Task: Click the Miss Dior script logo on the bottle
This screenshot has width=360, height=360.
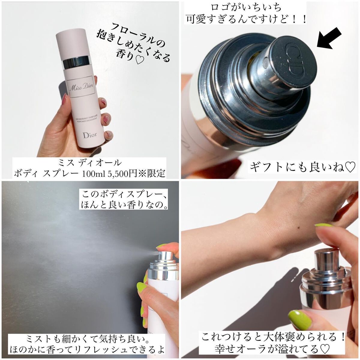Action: (x=81, y=87)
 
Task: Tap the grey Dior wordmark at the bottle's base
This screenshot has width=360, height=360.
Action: (x=90, y=135)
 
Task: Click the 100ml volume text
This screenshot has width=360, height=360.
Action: (x=94, y=174)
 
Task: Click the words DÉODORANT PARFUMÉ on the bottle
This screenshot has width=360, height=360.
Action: (x=88, y=118)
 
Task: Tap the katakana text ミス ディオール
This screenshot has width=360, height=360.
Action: (x=90, y=163)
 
